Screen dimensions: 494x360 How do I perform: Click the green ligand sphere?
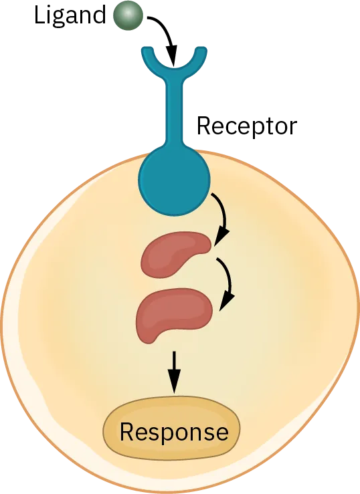click(125, 16)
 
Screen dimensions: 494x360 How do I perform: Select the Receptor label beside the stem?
click(248, 126)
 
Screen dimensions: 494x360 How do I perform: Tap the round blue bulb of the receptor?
click(174, 180)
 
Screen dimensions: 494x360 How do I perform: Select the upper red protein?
click(174, 254)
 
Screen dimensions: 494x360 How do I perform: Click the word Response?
click(173, 432)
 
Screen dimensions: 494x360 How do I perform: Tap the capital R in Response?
click(126, 432)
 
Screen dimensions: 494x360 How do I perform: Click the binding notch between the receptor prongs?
click(173, 67)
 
